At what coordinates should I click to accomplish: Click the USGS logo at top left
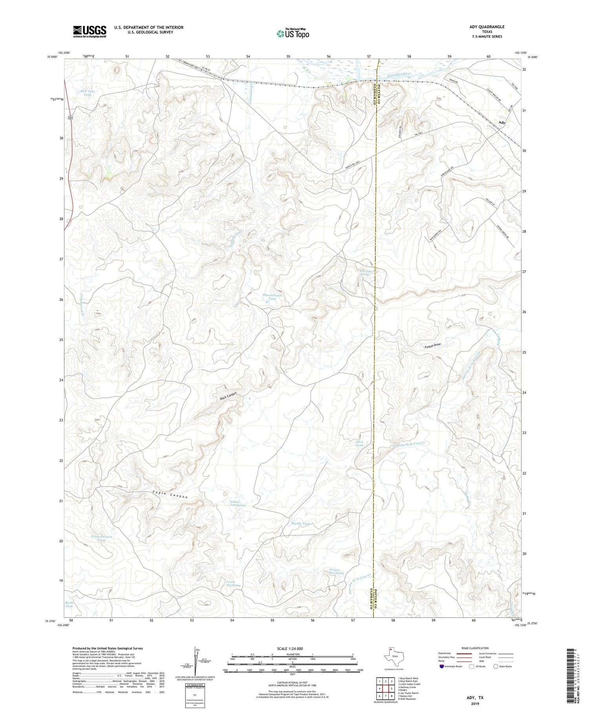(90, 31)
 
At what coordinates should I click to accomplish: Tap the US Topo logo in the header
(293, 34)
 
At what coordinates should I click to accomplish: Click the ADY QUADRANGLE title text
(487, 27)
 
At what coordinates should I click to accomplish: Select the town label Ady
(501, 123)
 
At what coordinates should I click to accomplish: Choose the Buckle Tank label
(301, 524)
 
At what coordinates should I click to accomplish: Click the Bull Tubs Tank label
(88, 93)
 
